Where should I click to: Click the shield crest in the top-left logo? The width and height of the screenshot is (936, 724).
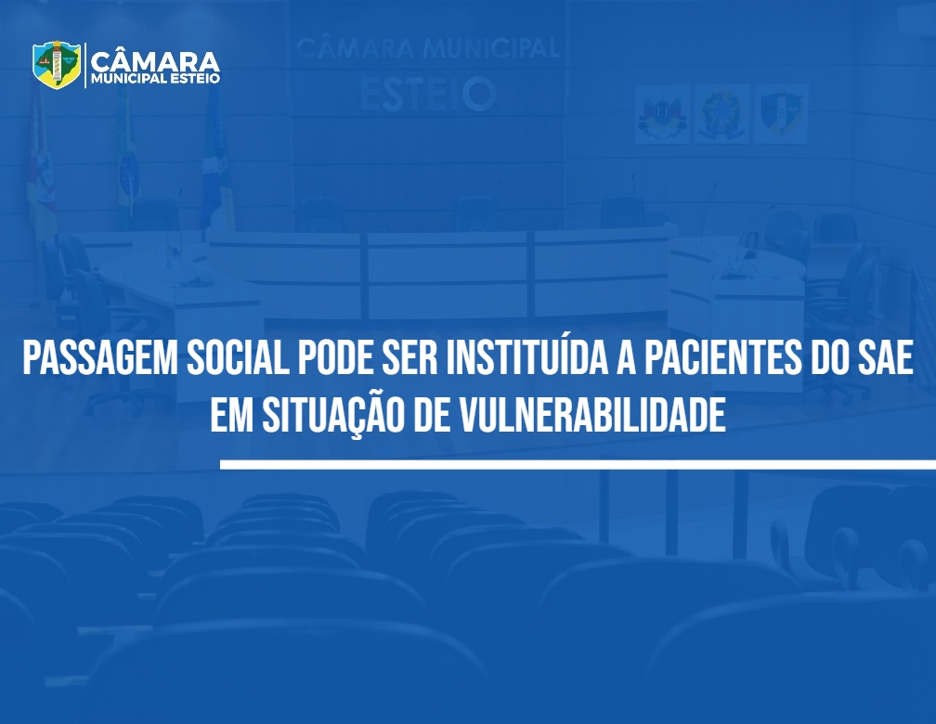pos(57,64)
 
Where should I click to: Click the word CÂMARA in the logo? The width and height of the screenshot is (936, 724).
pos(155,61)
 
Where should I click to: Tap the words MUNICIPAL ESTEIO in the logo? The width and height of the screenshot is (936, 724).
pos(155,79)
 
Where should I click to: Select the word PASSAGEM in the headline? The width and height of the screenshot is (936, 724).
pos(100,358)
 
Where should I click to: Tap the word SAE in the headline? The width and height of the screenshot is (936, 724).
pos(885,358)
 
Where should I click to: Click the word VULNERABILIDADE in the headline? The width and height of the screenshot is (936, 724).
pos(592,415)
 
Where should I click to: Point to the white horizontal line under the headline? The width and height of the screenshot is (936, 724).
pos(578,465)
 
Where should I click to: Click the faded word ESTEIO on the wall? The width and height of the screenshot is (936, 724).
pos(428,95)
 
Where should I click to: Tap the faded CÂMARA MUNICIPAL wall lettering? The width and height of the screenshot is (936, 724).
pos(427,47)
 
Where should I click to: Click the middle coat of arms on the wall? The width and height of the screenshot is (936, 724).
pos(721,114)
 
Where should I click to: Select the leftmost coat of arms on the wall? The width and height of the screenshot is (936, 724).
pos(662,114)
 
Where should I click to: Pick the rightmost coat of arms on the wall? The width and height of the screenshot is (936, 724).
pos(782,114)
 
